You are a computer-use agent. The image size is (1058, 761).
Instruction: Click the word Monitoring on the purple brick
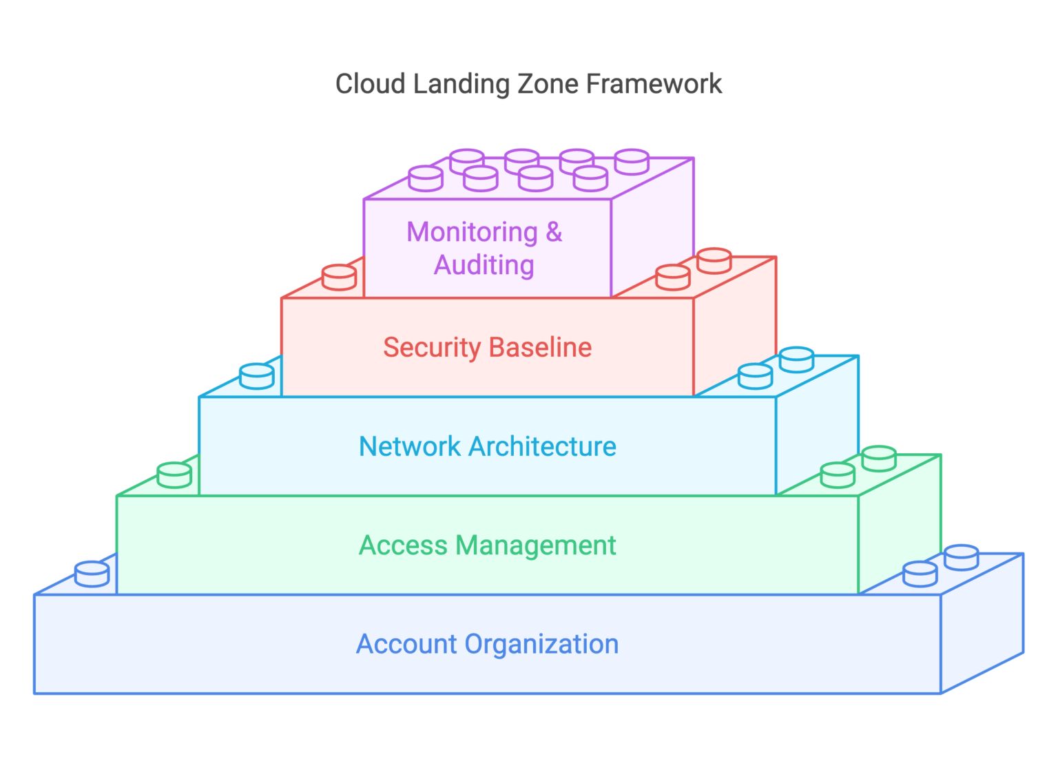[472, 233]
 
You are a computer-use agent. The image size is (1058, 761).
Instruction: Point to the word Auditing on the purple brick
[484, 265]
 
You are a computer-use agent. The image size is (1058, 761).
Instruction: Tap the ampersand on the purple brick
[554, 232]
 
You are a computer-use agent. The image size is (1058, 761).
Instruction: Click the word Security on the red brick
[431, 348]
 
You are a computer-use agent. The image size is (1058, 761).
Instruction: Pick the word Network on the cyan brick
[410, 446]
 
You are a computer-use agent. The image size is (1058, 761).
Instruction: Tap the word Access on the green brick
[403, 545]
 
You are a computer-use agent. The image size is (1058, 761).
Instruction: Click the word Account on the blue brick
[406, 645]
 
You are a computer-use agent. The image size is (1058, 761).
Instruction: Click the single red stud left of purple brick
[339, 277]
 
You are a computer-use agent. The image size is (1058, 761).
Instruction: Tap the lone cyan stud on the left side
[257, 376]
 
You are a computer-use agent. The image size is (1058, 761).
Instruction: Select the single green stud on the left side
[174, 475]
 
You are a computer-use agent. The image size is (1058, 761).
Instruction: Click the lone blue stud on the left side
[92, 574]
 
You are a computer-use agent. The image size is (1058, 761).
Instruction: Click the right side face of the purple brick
[652, 227]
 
